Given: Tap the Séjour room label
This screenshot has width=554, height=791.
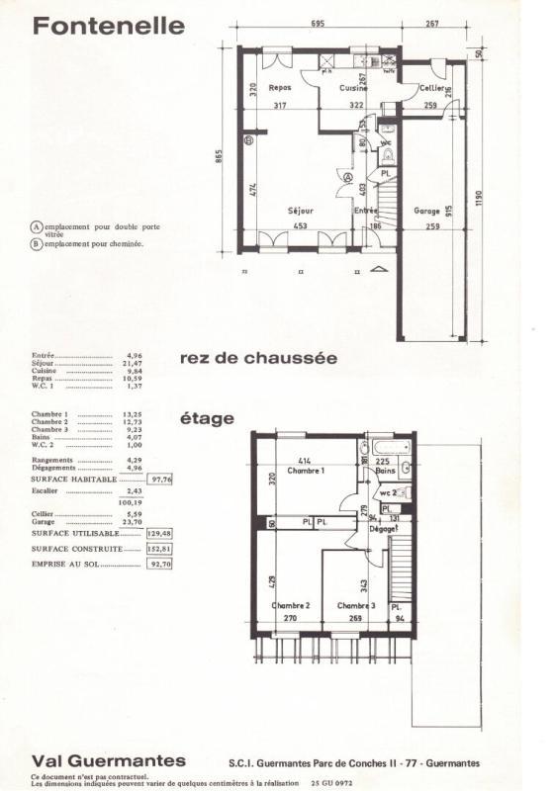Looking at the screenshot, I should pyautogui.click(x=300, y=212).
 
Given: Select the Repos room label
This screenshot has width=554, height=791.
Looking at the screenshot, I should pyautogui.click(x=280, y=87).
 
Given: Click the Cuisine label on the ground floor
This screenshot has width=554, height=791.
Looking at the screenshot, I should pyautogui.click(x=354, y=88).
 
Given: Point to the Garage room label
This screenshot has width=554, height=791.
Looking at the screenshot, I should pyautogui.click(x=426, y=212).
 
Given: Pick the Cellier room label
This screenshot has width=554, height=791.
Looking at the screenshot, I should pyautogui.click(x=429, y=88).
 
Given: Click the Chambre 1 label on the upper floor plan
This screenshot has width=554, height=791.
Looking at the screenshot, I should pyautogui.click(x=306, y=471).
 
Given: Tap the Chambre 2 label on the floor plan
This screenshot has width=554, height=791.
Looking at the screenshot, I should pyautogui.click(x=292, y=605).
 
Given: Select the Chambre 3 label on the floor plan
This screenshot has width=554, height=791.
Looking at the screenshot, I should pyautogui.click(x=356, y=605).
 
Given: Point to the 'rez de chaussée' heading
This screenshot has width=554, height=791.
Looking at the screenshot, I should pyautogui.click(x=259, y=358).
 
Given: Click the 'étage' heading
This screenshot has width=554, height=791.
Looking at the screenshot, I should pyautogui.click(x=207, y=418).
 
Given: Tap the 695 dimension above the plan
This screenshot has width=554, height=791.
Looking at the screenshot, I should pyautogui.click(x=319, y=22).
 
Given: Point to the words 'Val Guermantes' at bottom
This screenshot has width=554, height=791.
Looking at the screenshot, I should pyautogui.click(x=108, y=760).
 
